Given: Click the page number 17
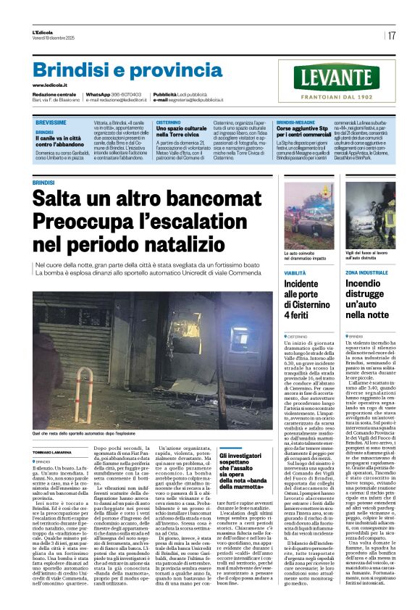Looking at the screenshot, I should pyautogui.click(x=392, y=35).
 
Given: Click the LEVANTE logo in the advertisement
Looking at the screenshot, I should pyautogui.click(x=336, y=76).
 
